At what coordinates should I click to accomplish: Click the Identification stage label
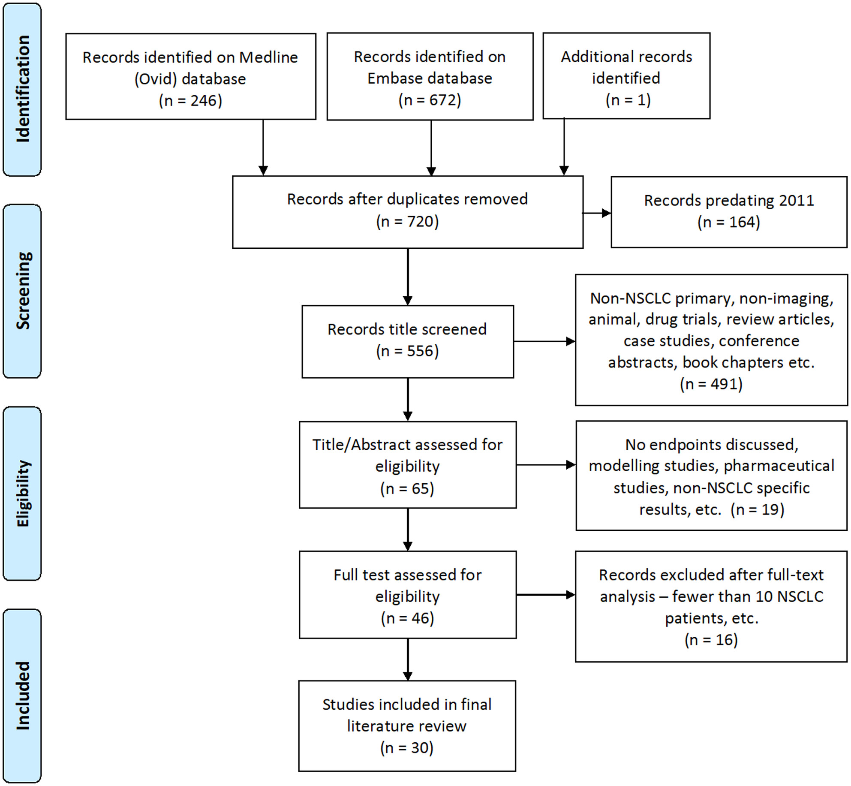click(x=23, y=89)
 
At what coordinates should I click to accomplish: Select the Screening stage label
click(x=23, y=291)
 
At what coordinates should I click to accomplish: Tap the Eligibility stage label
click(x=23, y=493)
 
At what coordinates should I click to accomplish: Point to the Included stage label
click(x=23, y=695)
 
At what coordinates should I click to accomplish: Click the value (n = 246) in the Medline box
click(x=191, y=101)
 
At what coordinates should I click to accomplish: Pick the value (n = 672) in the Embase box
click(x=430, y=100)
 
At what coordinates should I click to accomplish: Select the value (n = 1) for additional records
click(x=628, y=100)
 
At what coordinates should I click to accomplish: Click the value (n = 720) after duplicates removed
click(x=408, y=222)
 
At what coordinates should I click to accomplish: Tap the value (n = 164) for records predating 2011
click(x=729, y=222)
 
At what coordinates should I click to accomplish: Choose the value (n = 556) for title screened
click(x=408, y=351)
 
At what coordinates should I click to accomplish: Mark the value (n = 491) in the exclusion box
click(x=711, y=384)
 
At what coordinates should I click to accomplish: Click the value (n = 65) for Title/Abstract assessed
click(x=407, y=489)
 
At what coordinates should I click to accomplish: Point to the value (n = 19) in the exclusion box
click(x=758, y=509)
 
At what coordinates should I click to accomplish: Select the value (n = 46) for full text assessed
click(x=408, y=618)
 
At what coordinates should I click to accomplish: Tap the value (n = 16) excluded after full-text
click(x=711, y=640)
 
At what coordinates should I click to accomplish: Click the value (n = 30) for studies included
click(x=407, y=748)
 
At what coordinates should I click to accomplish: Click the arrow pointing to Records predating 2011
click(x=597, y=213)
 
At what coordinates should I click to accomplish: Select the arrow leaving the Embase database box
click(x=431, y=148)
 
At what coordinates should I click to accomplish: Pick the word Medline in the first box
click(x=268, y=57)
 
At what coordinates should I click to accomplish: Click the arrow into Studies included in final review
click(x=408, y=660)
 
